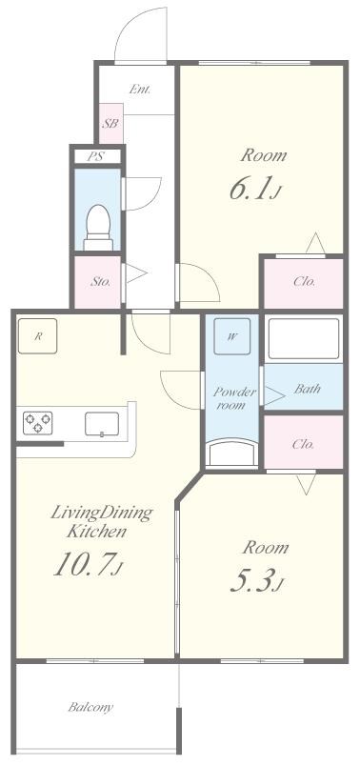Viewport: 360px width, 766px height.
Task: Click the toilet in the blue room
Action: [x=98, y=228]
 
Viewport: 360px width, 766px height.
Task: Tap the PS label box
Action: [x=97, y=157]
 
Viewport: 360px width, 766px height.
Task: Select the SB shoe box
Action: [x=110, y=124]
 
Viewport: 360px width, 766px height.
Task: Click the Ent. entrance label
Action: [x=140, y=90]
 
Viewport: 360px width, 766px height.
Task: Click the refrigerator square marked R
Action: [x=37, y=335]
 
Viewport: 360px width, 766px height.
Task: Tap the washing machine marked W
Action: [x=232, y=336]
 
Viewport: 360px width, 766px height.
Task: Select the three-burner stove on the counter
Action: [x=37, y=423]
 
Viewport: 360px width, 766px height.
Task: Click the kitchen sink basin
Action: [x=102, y=424]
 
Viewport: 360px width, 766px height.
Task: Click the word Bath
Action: [x=308, y=389]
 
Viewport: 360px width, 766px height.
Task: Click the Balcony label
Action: [x=90, y=706]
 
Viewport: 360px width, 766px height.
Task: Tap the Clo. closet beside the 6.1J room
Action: [x=304, y=282]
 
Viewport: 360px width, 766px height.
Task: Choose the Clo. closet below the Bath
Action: [x=304, y=444]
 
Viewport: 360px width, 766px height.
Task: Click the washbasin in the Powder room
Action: [x=231, y=452]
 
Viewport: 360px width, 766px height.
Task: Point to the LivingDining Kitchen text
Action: [x=102, y=522]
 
